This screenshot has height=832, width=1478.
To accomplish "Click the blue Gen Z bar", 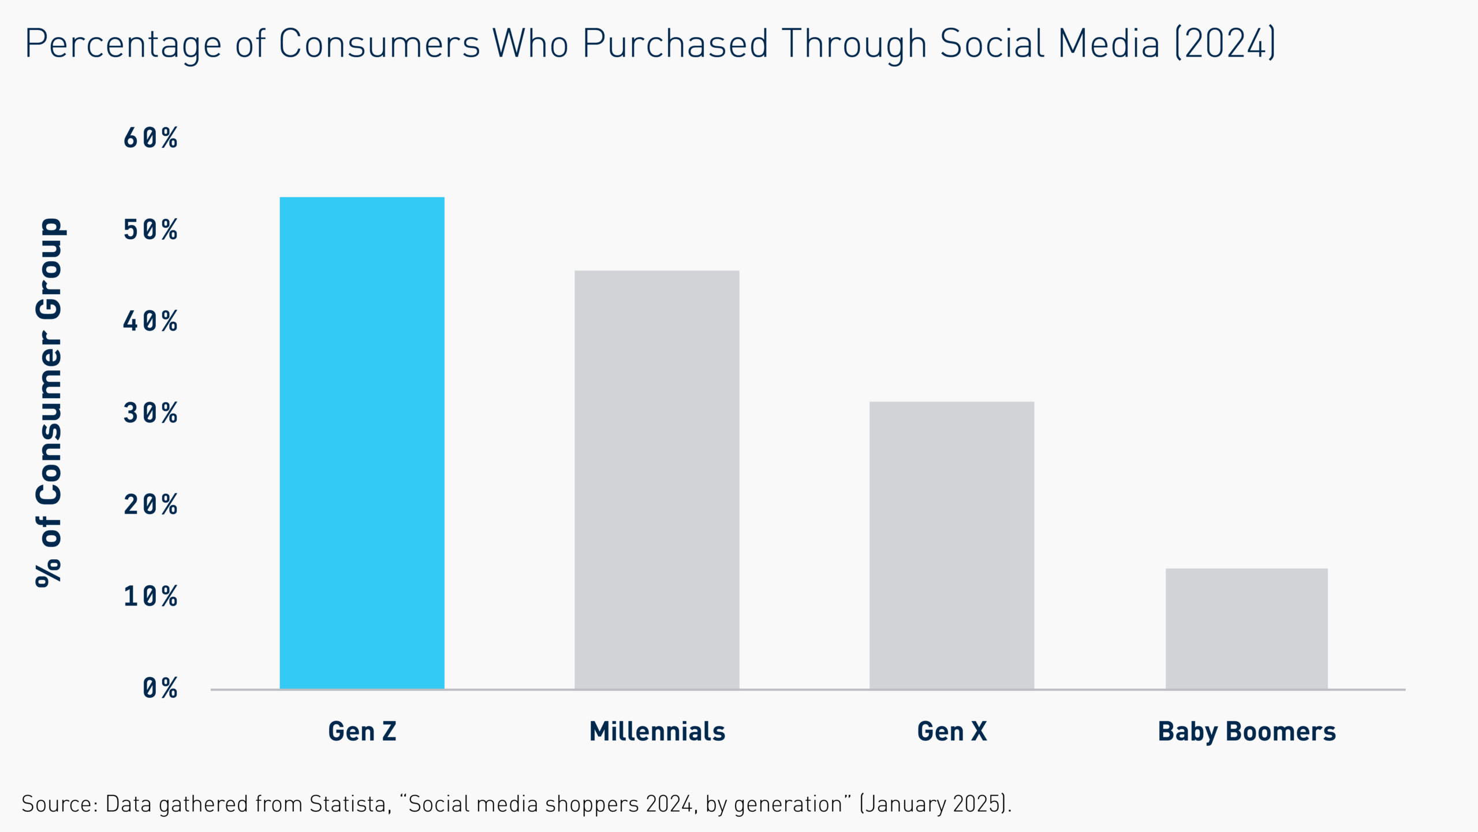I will (362, 443).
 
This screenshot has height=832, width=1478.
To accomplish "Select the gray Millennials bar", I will (656, 480).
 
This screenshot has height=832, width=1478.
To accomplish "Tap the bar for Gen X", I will (951, 545).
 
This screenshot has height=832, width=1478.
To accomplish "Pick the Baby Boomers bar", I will (1246, 629).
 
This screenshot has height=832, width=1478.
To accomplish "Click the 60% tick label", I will (151, 138).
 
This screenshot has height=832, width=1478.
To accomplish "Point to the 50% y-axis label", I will (151, 230).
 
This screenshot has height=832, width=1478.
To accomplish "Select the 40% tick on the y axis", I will (151, 321).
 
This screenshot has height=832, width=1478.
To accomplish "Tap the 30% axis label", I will (151, 413).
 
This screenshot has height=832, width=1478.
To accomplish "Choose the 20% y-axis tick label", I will (151, 504).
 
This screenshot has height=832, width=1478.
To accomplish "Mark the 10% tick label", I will (151, 596).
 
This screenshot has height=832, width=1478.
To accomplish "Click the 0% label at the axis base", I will (160, 688).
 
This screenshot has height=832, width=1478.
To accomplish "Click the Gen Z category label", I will (362, 731).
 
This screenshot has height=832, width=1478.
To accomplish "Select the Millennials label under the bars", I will (657, 731).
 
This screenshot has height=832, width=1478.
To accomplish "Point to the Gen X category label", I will (952, 731).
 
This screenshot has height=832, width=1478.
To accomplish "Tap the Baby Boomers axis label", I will (1246, 731).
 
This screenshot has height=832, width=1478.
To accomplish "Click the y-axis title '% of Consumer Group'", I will (50, 402).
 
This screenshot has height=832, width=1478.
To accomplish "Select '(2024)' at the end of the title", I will (1225, 44).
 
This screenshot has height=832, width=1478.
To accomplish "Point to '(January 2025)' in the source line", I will (935, 804).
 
